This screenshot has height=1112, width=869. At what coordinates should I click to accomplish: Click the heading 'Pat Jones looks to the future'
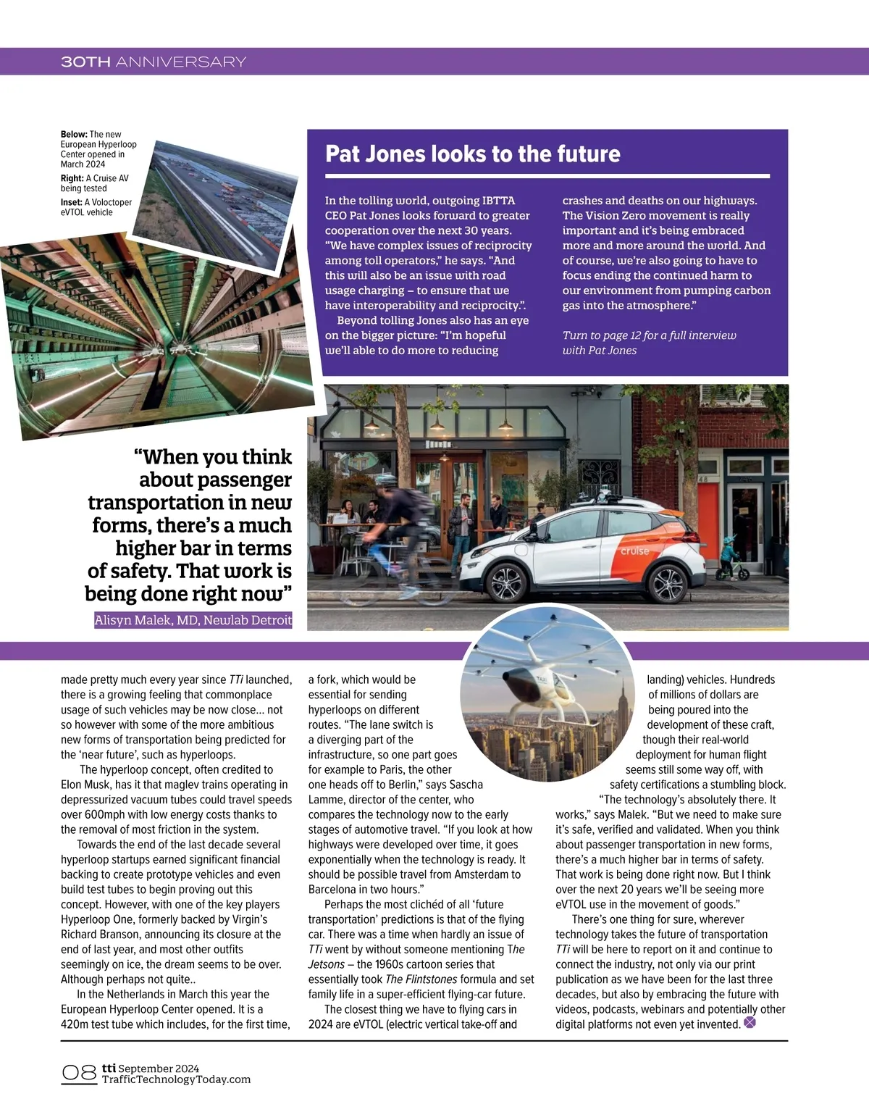tap(472, 154)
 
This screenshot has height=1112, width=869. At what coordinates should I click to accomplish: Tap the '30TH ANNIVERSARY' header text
tap(154, 62)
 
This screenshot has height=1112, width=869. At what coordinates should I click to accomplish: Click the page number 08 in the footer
tap(79, 1073)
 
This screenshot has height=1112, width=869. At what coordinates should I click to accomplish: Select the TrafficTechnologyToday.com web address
tap(176, 1079)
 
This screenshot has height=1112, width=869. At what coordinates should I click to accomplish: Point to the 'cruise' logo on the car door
tap(634, 551)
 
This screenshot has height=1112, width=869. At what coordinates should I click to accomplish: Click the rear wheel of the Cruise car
tap(667, 582)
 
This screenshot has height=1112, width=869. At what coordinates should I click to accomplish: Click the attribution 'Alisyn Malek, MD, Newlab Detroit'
tap(193, 620)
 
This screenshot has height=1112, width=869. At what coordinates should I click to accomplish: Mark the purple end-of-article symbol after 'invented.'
tap(750, 1023)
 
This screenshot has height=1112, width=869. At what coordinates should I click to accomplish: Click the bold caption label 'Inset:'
tap(72, 203)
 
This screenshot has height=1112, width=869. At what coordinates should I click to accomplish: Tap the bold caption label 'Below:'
tap(74, 134)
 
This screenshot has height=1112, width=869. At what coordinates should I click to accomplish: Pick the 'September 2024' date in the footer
tap(159, 1069)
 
